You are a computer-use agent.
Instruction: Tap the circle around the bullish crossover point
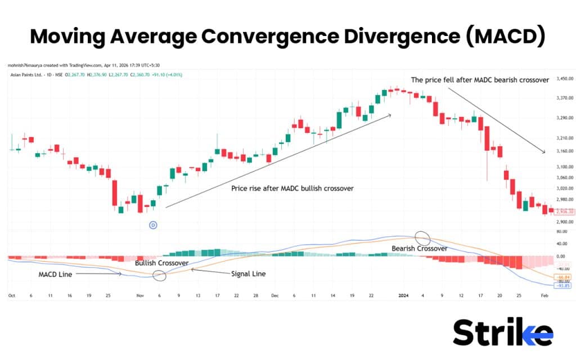pyautogui.click(x=160, y=274)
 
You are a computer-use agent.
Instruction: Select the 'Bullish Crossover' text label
pyautogui.click(x=161, y=263)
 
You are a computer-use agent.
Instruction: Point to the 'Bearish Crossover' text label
pyautogui.click(x=420, y=248)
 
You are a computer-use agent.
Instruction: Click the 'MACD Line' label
pyautogui.click(x=55, y=274)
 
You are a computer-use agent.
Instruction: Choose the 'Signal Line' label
pyautogui.click(x=248, y=274)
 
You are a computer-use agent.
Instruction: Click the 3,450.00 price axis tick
pyautogui.click(x=563, y=79)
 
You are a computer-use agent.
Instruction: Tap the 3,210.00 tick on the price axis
pyautogui.click(x=563, y=138)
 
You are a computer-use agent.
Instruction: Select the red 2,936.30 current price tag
pyautogui.click(x=563, y=211)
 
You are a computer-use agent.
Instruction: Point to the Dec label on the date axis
pyautogui.click(x=274, y=295)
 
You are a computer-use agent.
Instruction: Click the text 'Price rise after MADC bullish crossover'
pyautogui.click(x=292, y=188)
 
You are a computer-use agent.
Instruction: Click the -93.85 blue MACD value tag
pyautogui.click(x=563, y=285)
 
